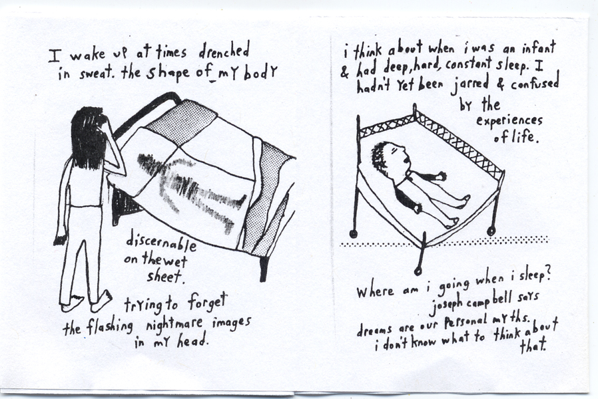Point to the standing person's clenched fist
[x=61, y=238]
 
